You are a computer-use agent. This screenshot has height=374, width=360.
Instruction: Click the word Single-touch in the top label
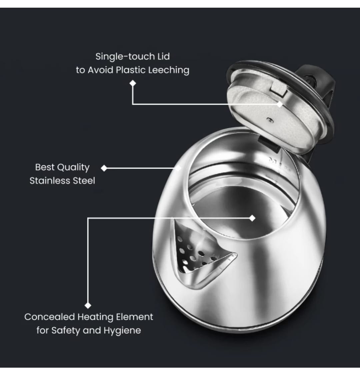(x=125, y=57)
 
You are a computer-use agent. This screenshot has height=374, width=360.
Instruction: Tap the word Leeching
(x=169, y=70)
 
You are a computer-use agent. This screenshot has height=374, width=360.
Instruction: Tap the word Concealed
(x=49, y=317)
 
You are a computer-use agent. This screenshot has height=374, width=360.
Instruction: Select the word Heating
(x=95, y=317)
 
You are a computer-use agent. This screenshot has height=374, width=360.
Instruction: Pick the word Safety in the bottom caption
(x=66, y=331)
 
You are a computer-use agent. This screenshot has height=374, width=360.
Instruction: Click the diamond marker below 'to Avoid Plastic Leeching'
(x=133, y=83)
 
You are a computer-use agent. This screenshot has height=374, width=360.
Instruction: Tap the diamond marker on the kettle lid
(x=280, y=104)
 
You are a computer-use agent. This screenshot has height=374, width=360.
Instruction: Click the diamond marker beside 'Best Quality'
(x=104, y=168)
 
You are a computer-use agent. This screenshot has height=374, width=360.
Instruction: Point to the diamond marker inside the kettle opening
(x=252, y=218)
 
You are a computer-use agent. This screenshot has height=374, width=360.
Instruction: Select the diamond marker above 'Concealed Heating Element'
(x=88, y=306)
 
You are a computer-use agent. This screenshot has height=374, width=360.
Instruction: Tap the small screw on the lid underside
(x=270, y=119)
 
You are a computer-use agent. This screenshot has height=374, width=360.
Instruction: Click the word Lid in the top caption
(x=164, y=57)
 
